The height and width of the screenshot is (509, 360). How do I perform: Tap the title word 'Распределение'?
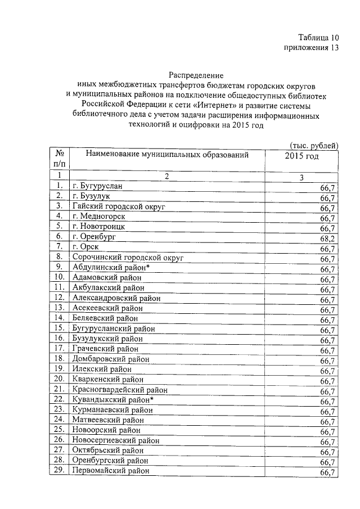coord(196,75)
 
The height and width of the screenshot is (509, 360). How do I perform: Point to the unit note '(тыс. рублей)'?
coord(313,146)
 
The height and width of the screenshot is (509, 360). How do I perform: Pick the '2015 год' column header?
coord(302,156)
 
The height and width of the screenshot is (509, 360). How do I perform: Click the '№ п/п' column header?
coord(59,159)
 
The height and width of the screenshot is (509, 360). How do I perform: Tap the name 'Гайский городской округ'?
coord(118,206)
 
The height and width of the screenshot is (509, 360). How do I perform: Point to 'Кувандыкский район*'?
coord(113,399)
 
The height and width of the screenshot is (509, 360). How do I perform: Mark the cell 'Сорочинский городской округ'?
coord(127,257)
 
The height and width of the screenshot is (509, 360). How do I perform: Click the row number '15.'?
coord(59,328)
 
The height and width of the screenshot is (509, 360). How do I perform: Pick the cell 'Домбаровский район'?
coord(111,359)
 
